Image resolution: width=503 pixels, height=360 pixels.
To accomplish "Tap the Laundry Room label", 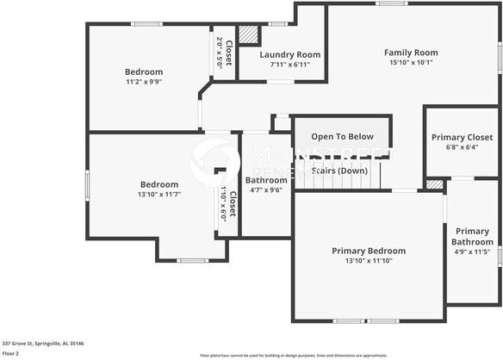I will (x=290, y=54).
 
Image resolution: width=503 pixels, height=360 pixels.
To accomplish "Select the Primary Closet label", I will (x=462, y=137).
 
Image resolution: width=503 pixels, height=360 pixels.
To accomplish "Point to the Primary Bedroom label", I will (x=369, y=251).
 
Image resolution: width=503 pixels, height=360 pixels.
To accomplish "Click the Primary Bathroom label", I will (x=472, y=236).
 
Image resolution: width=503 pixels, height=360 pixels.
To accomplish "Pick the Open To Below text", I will (x=342, y=136).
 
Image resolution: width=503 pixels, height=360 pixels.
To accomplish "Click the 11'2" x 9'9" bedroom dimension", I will (x=144, y=82).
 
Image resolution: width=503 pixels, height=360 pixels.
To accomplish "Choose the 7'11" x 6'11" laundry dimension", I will (x=290, y=65).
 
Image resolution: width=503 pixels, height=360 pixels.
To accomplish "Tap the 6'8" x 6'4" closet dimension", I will (x=462, y=147).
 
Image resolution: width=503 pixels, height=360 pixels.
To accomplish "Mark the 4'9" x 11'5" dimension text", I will (x=472, y=251).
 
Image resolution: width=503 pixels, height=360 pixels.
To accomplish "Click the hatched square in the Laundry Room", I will (x=249, y=34).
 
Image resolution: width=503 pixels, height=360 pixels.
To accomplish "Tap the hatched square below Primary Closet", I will (x=435, y=183).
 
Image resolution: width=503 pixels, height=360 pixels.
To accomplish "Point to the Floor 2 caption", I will (x=11, y=353).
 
